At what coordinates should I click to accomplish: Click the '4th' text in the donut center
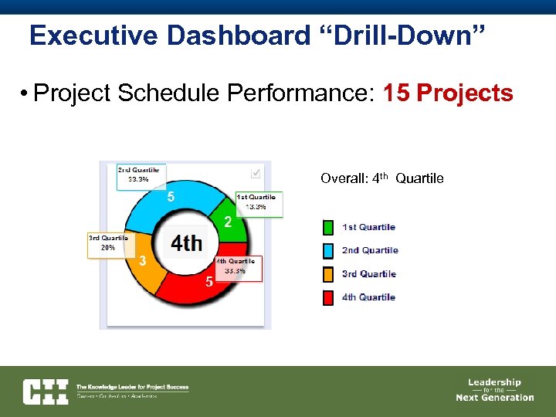(187, 243)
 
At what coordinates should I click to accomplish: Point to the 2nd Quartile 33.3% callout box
(140, 175)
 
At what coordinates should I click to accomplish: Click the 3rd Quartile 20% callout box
(107, 243)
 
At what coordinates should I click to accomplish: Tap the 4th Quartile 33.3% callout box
(240, 266)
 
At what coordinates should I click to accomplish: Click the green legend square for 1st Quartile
(328, 227)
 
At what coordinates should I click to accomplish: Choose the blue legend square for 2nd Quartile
(328, 250)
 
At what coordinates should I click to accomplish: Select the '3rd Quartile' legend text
(369, 274)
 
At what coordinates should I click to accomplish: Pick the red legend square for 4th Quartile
(328, 297)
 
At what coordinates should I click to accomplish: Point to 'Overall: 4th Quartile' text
(382, 178)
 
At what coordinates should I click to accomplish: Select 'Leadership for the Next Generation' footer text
(494, 390)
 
